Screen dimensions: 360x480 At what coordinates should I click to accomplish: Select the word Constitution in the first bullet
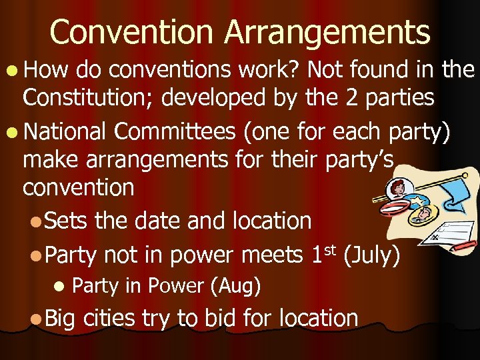(x=91, y=98)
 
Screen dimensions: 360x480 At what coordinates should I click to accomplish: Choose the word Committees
(x=176, y=132)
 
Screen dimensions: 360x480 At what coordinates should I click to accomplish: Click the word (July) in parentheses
(x=371, y=256)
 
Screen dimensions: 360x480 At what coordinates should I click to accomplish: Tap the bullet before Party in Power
(x=59, y=286)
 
